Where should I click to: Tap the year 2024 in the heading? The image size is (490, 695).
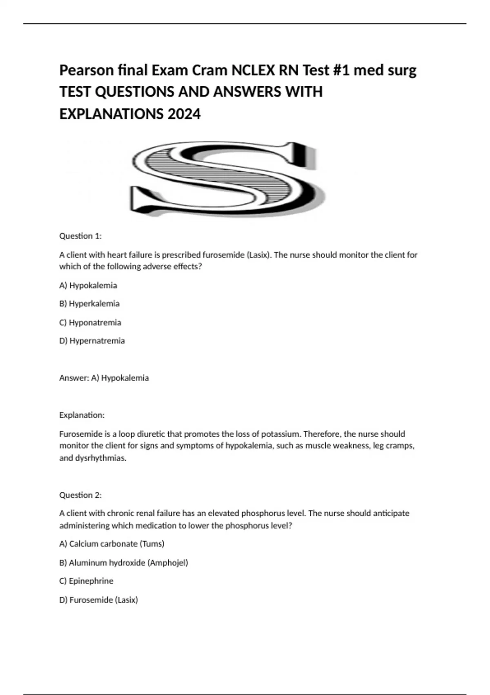[x=184, y=114]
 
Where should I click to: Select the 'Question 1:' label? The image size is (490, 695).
[x=80, y=236]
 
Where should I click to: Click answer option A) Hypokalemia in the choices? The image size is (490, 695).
[x=88, y=285]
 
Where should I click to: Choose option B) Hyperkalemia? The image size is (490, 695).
[x=89, y=304]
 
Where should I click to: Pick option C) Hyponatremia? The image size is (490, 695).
[x=90, y=323]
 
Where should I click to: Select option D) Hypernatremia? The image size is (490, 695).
[x=92, y=341]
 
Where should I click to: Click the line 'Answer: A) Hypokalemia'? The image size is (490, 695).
[x=104, y=378]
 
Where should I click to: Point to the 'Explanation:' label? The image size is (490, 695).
[x=82, y=415]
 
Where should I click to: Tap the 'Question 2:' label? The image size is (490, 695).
[x=80, y=495]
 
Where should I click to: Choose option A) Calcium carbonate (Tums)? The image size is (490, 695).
[x=112, y=544]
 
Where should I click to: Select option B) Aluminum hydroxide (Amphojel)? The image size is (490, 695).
[x=124, y=563]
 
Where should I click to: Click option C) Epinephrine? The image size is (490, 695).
[x=86, y=581]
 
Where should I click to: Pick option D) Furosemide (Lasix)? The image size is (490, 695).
[x=99, y=600]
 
